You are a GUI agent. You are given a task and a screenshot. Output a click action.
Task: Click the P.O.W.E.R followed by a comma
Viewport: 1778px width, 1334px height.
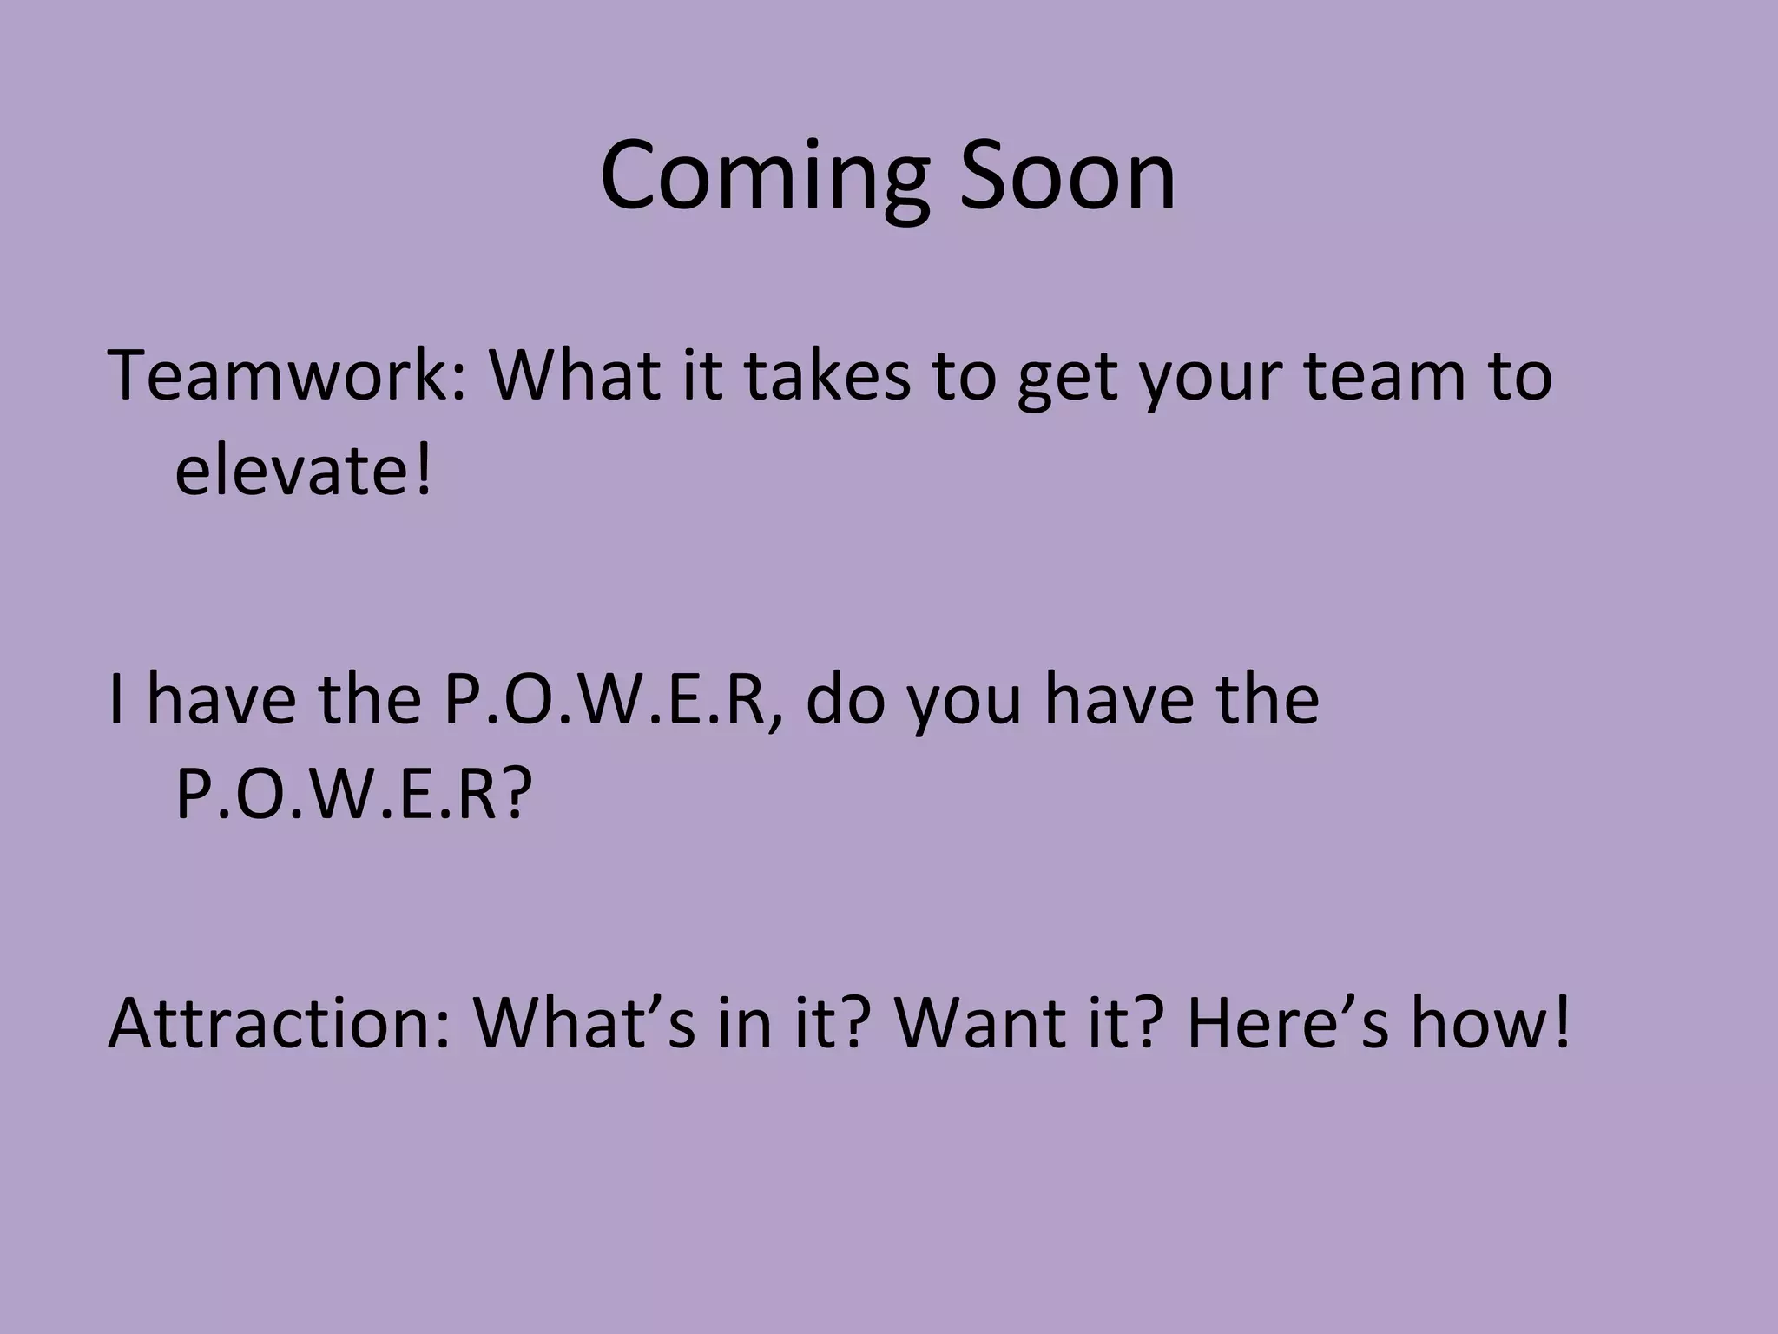pos(603,699)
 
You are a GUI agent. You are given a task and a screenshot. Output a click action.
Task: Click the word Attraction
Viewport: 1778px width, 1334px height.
pos(278,1023)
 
